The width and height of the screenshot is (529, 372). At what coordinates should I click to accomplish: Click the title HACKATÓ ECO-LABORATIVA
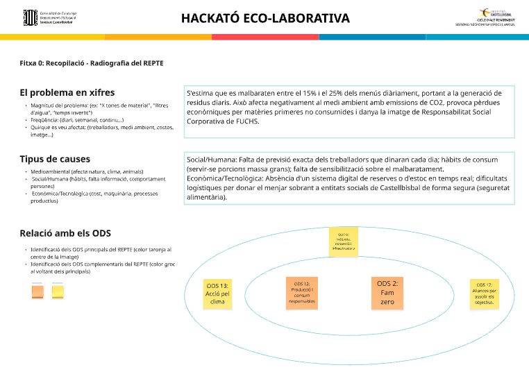tap(265, 18)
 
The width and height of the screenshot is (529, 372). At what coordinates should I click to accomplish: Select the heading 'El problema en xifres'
tap(67, 92)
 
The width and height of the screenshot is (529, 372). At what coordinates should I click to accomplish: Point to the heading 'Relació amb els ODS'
tap(65, 233)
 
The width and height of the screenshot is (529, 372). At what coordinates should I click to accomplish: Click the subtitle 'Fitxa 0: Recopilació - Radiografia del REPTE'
tap(92, 63)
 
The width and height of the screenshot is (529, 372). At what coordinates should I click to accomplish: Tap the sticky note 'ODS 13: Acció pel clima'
tap(217, 294)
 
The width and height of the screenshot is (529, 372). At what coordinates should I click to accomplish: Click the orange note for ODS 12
tap(302, 292)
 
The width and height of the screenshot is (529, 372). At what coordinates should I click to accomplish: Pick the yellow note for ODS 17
tap(484, 294)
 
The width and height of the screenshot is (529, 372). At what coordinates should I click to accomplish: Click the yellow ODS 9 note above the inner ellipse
tap(343, 242)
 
